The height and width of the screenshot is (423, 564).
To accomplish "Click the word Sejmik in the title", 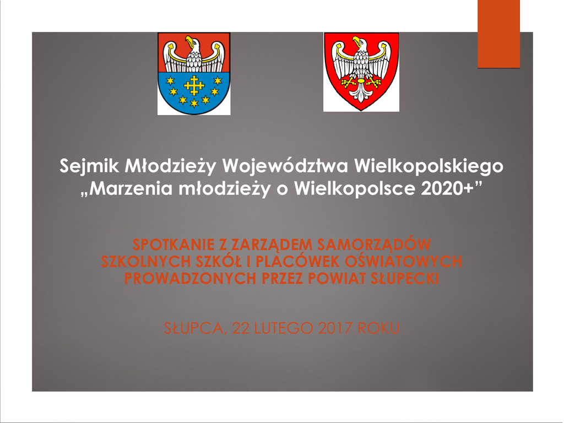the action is [89, 166].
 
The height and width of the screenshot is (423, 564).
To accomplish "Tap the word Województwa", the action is [285, 165].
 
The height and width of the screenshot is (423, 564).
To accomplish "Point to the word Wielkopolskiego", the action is [429, 166].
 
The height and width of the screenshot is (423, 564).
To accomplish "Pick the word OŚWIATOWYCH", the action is [403, 261].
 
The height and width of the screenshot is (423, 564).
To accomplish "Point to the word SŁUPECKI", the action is [405, 278].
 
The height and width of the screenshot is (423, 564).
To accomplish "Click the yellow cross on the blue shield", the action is [194, 85].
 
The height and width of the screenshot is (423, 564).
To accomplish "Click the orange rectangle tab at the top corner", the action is [498, 34].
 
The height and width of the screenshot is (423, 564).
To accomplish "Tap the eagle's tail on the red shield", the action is [361, 93].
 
